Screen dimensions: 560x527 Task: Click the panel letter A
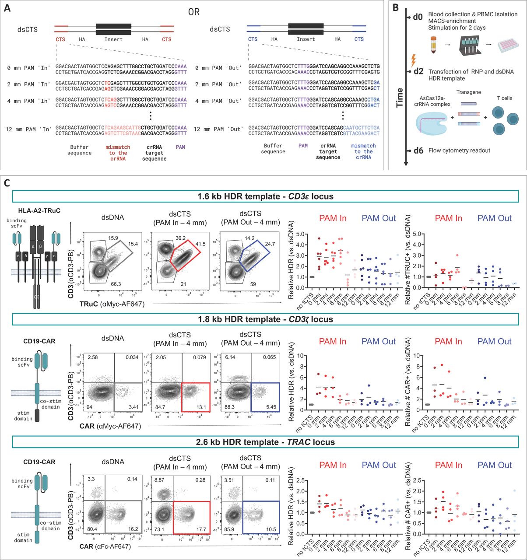click(8, 9)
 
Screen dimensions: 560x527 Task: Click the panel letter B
click(395, 9)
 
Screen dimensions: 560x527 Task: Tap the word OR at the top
click(193, 12)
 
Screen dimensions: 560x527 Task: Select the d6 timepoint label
click(418, 151)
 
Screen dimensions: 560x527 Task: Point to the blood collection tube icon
click(434, 44)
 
